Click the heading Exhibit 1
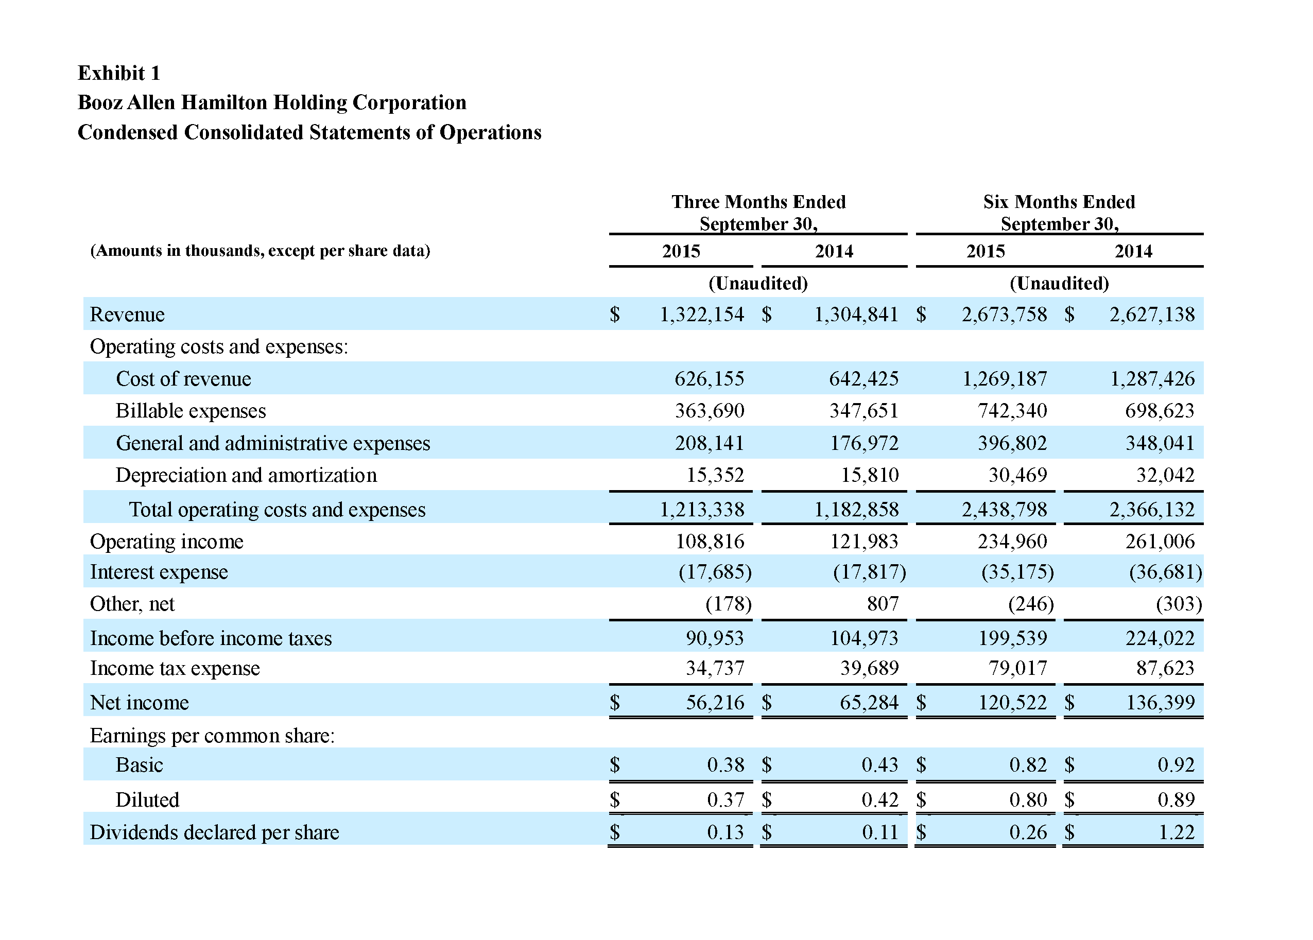click(118, 73)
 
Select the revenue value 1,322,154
click(702, 315)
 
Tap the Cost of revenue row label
click(183, 378)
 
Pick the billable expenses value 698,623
click(1160, 410)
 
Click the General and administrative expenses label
click(273, 443)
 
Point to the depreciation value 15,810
click(870, 475)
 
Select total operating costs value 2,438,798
click(1004, 509)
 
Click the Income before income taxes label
click(211, 638)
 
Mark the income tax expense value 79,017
click(1018, 668)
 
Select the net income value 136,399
click(1160, 702)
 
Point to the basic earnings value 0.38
click(725, 764)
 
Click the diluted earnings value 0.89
click(1176, 799)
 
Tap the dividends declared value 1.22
click(1177, 832)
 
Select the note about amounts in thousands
click(260, 251)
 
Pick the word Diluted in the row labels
click(147, 799)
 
